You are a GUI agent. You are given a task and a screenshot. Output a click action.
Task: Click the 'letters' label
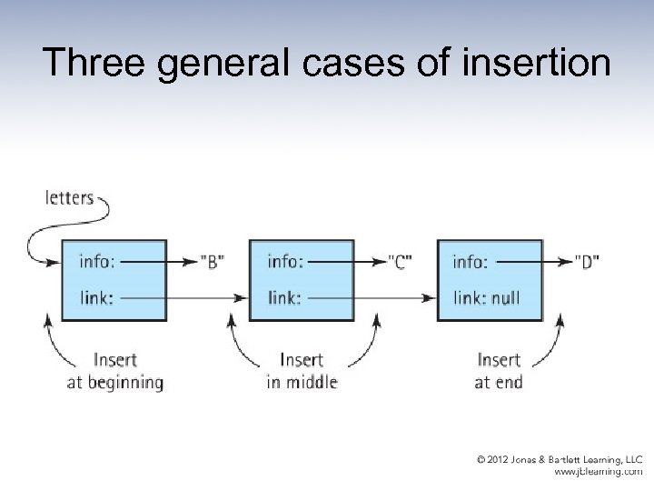pos(69,196)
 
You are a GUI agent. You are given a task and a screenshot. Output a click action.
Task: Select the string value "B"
pos(213,262)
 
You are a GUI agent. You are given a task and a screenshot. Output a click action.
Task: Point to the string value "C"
pos(401,262)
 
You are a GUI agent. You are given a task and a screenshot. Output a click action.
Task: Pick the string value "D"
pos(587,262)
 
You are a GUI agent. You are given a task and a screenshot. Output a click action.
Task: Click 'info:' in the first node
pos(98,262)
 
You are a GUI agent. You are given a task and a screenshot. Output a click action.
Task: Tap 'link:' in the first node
pos(97,296)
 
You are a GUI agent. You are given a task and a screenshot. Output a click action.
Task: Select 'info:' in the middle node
pos(285,262)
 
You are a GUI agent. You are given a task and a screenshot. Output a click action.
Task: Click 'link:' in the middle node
pos(285,296)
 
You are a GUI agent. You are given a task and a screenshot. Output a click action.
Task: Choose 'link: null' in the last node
pos(487,296)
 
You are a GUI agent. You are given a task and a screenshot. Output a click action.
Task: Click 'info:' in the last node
pos(471,262)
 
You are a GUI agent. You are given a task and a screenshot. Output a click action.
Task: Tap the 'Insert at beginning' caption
pos(115,371)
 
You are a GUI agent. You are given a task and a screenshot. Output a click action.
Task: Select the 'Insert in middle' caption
pos(302,371)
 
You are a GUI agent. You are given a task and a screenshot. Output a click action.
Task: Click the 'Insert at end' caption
pos(499,371)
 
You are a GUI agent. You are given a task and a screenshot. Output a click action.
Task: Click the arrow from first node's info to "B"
pos(159,262)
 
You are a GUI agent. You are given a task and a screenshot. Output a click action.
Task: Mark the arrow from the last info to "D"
pos(531,262)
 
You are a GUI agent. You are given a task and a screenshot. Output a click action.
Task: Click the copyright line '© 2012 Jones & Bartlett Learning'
pos(560,460)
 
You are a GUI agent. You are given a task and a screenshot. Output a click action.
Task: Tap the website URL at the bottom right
pos(598,473)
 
